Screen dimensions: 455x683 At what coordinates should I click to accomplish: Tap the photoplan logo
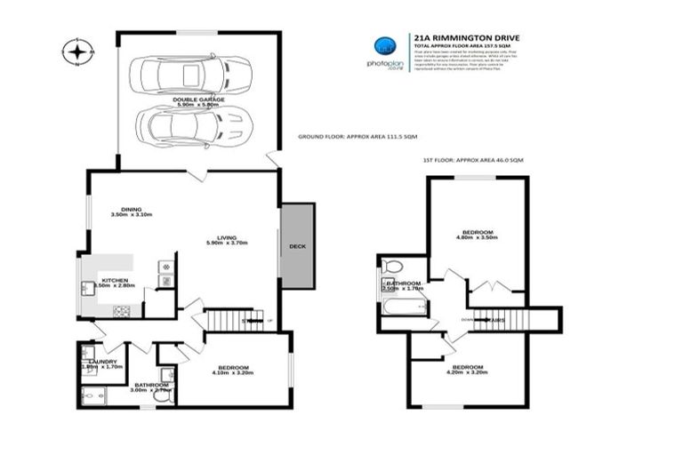click(x=384, y=51)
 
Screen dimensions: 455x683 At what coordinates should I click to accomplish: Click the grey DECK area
click(x=297, y=246)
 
